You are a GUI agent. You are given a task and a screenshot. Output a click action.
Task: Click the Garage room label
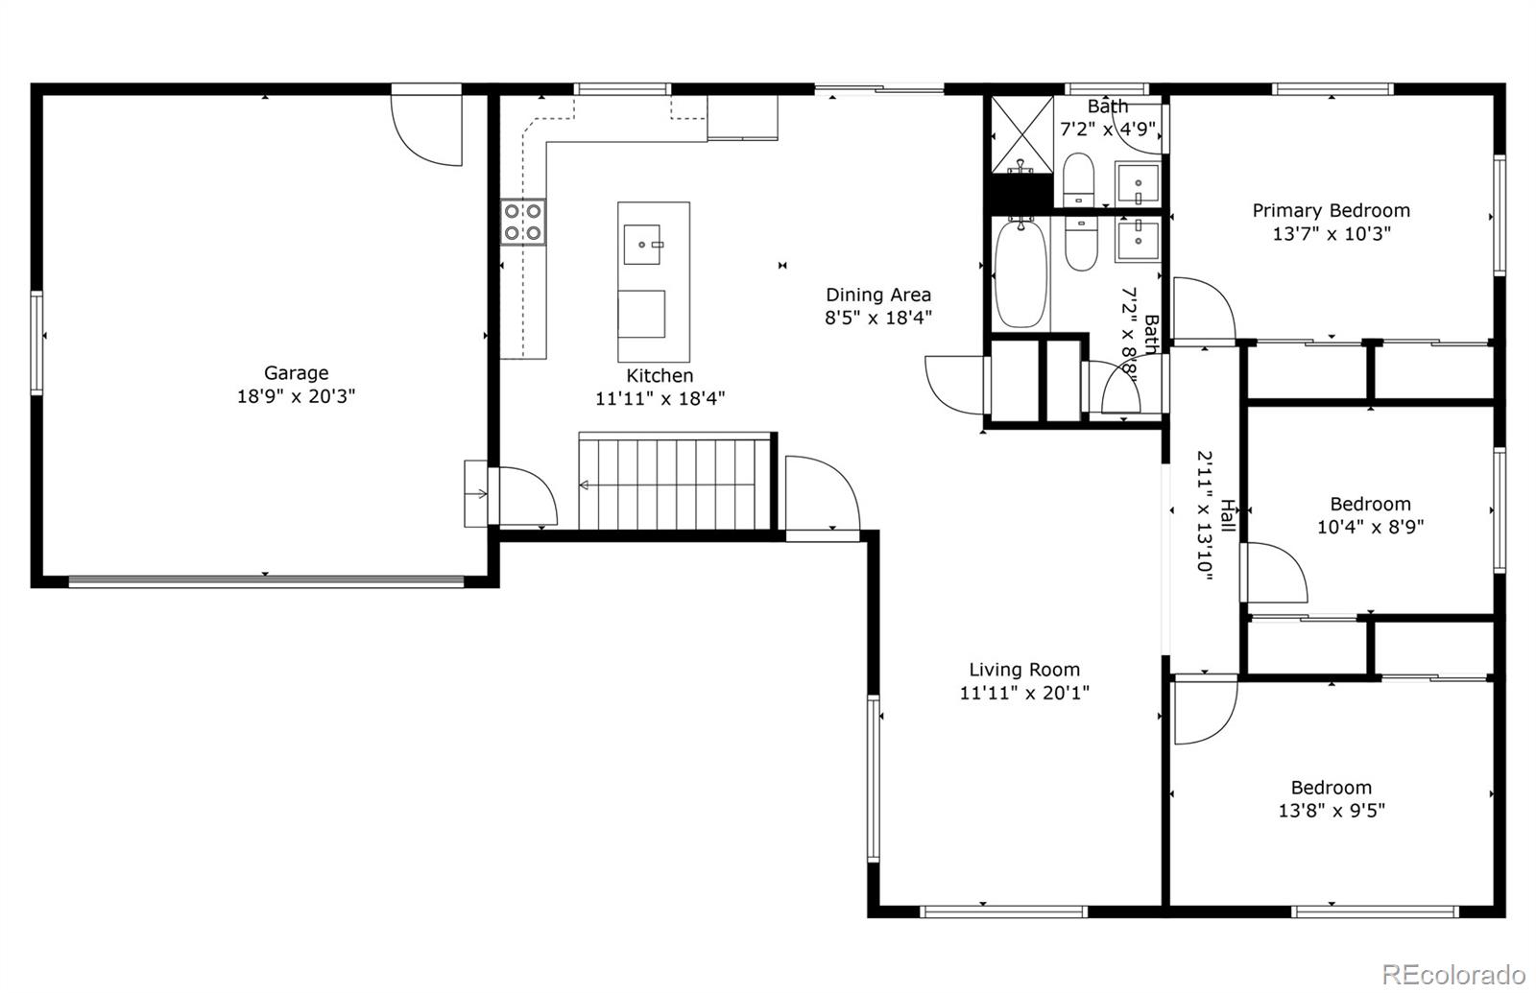point(296,373)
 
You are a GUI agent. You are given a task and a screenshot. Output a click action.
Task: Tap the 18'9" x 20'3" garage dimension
point(296,396)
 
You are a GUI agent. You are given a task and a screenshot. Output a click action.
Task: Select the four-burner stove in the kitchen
point(522,222)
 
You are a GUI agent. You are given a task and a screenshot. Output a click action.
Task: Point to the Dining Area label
point(878,296)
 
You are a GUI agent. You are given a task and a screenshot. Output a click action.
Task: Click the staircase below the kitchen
point(676,482)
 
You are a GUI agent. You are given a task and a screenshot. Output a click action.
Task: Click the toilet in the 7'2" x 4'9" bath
point(1079,178)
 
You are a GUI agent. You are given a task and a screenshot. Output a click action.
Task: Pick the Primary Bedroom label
point(1331,211)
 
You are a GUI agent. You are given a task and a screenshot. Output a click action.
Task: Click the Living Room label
point(1023,671)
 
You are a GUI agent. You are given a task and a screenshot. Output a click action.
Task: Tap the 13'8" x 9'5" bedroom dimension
point(1331,811)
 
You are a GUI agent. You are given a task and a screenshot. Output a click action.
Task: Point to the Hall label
point(1227,515)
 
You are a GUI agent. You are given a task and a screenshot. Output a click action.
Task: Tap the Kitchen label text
point(660,376)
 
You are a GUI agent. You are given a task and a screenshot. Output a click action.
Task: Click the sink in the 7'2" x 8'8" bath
point(1138,239)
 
